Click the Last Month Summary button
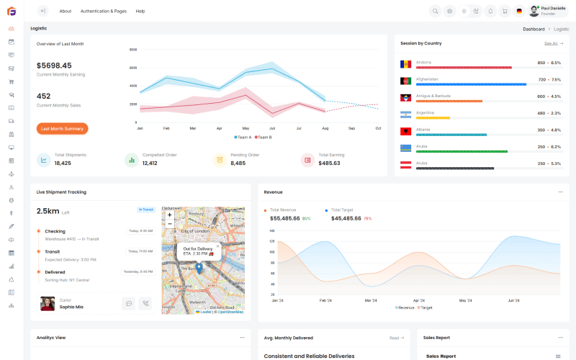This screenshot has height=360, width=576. (62, 128)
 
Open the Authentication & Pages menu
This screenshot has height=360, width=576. (103, 11)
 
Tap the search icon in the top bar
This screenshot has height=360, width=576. (435, 11)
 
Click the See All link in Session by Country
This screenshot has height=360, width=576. (552, 43)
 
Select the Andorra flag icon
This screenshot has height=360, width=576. (405, 65)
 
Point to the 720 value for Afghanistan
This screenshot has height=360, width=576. (541, 79)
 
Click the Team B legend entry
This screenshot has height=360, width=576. (263, 137)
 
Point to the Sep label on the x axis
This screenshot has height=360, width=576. (351, 128)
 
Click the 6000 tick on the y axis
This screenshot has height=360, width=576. (133, 68)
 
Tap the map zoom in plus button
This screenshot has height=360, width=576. (170, 215)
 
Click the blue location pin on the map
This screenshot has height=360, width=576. (199, 267)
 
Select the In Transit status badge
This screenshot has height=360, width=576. (146, 210)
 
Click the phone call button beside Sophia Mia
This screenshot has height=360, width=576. (145, 304)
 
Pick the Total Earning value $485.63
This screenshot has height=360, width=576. (329, 163)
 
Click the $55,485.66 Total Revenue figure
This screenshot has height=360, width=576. (284, 218)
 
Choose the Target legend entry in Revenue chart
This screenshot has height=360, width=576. (424, 307)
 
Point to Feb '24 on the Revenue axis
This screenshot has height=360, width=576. (325, 300)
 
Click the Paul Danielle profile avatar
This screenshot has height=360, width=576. (534, 11)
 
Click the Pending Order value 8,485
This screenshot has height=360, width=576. (238, 163)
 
